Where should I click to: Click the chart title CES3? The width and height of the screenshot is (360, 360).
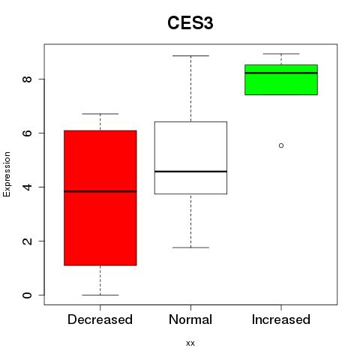(190, 23)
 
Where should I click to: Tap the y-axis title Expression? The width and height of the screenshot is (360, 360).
(7, 174)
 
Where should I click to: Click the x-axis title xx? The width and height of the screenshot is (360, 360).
(190, 343)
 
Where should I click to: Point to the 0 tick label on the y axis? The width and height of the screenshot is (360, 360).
(27, 295)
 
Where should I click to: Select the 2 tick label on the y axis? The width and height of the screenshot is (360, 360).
(27, 241)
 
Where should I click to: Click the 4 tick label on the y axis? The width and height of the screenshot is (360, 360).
(27, 187)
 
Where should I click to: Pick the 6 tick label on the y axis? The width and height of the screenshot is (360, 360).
(27, 133)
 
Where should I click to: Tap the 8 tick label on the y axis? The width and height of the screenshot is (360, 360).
(27, 79)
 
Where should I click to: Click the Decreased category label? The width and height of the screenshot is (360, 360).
(100, 319)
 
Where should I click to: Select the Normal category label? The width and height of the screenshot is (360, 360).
(190, 319)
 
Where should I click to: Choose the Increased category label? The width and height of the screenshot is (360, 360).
(281, 319)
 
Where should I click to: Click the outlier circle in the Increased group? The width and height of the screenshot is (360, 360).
(281, 145)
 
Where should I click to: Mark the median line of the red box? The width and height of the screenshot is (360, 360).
(100, 191)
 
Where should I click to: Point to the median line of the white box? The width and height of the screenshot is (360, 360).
(190, 172)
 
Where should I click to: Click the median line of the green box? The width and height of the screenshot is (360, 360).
(281, 73)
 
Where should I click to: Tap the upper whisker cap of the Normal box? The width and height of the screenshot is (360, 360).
(190, 55)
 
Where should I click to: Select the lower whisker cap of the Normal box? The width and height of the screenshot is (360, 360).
(190, 247)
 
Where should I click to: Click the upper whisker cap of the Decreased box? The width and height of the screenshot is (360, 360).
(100, 114)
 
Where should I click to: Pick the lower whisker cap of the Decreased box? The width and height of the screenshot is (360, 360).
(100, 295)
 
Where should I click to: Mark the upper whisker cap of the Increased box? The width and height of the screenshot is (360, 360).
(281, 54)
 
